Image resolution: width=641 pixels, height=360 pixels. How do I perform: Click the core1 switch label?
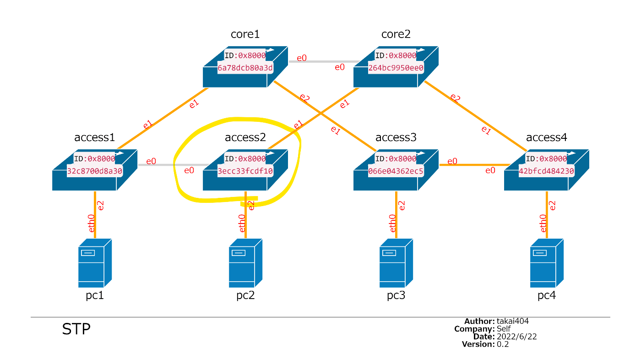[x=245, y=34]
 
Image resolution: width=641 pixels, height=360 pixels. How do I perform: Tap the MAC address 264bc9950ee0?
[x=396, y=68]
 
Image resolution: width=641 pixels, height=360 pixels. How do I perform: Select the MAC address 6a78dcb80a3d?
[x=245, y=68]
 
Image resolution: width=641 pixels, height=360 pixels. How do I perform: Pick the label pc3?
[x=396, y=295]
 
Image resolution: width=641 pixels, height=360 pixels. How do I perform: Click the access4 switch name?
[x=547, y=137]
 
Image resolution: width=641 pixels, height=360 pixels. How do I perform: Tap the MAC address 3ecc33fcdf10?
[x=245, y=171]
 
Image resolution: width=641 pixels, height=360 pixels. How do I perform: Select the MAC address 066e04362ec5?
[x=396, y=171]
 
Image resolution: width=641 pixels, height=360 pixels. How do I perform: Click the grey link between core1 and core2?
[x=323, y=61]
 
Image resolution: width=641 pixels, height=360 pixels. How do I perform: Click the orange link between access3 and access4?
[x=472, y=165]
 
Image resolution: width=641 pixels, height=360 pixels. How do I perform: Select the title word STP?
[x=76, y=329]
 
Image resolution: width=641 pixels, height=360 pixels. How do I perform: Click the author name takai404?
[x=513, y=322]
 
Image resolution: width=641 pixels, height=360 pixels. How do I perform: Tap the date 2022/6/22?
[x=516, y=337]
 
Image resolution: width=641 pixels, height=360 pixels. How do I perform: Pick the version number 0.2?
[x=503, y=344]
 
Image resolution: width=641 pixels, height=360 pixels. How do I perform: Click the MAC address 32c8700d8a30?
[x=95, y=171]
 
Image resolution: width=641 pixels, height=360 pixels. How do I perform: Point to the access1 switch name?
[x=94, y=137]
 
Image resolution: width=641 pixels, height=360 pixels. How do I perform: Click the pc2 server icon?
[x=245, y=262]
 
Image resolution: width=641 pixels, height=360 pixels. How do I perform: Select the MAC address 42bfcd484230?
[x=546, y=171]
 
